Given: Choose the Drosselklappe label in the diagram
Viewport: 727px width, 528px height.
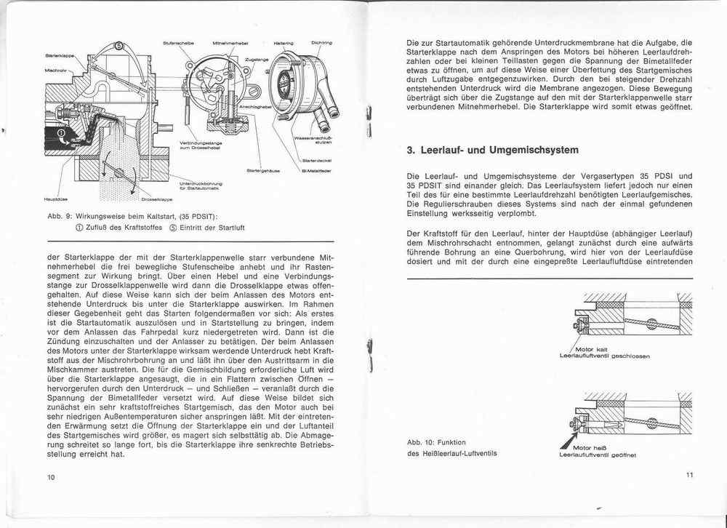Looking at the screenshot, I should [x=156, y=198].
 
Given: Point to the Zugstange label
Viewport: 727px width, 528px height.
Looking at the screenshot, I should [x=257, y=57].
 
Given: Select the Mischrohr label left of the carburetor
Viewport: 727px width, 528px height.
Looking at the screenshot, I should [x=55, y=70].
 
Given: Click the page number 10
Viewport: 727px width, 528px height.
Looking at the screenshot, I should [x=50, y=477].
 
